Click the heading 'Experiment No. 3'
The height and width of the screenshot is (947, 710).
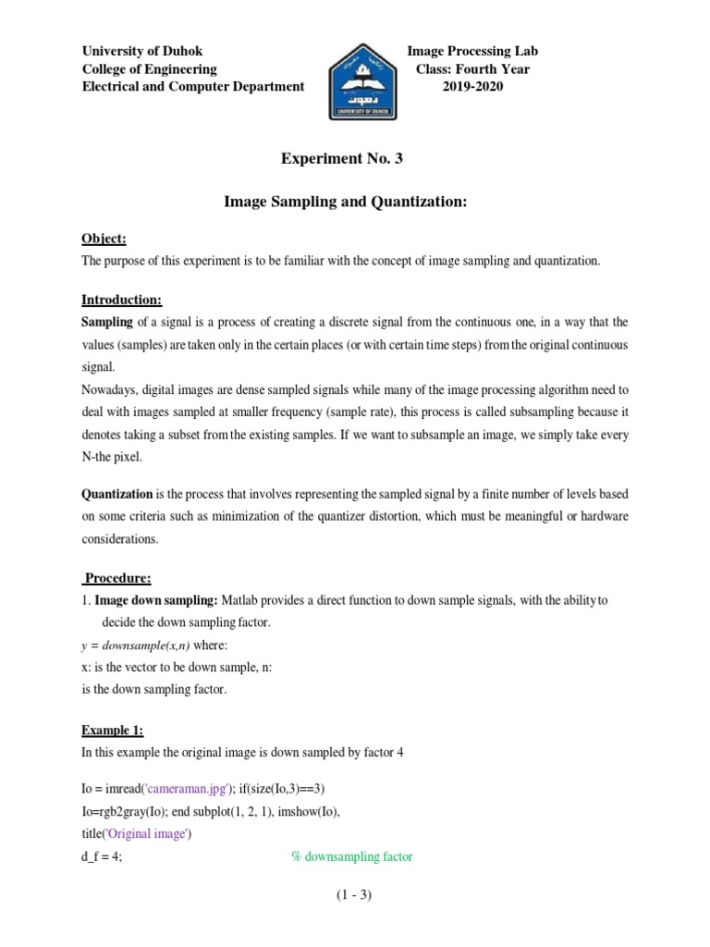pos(342,159)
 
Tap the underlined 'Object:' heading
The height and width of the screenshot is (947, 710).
pos(103,238)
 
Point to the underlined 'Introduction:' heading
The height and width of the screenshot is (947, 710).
pos(121,300)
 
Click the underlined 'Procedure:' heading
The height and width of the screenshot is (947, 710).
pos(117,578)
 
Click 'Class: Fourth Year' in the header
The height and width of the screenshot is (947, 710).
pos(472,68)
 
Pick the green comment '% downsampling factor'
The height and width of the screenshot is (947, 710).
pos(352,856)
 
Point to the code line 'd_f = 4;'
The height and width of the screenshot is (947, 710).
pos(102,856)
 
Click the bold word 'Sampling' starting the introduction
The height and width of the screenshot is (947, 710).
pos(107,322)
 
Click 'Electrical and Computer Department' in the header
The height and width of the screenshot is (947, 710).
pos(193,86)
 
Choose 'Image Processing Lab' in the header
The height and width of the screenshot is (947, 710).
pos(472,51)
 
